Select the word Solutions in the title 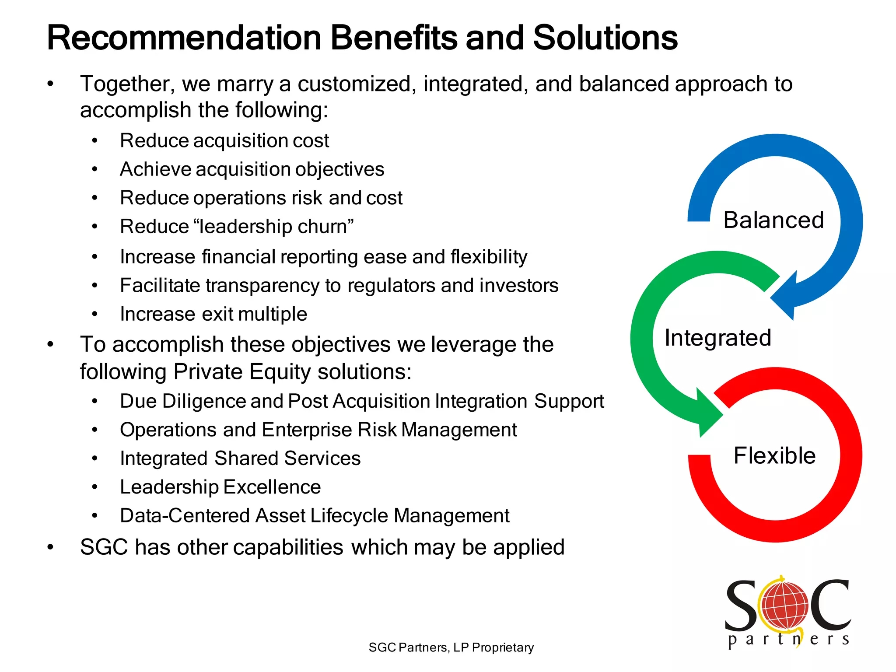[605, 38]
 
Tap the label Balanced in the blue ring [773, 220]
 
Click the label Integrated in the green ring [717, 338]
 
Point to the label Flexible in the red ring [774, 456]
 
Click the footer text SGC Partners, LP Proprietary [451, 647]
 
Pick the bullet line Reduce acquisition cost [224, 141]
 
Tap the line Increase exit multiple [213, 314]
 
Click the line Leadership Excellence [220, 487]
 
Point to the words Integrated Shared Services [240, 458]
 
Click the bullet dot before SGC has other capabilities [51, 547]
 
